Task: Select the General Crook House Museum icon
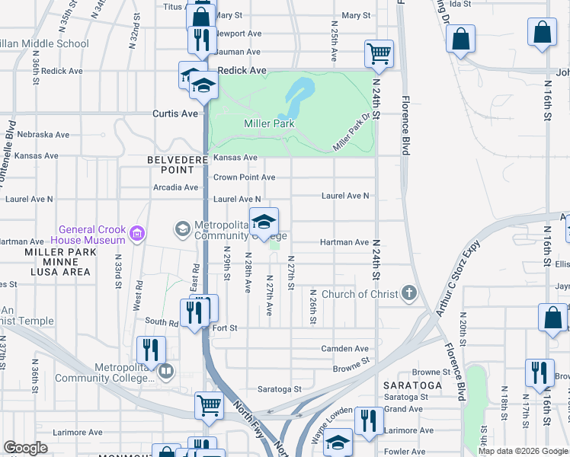(138, 233)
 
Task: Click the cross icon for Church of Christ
(409, 293)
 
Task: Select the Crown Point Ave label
(244, 177)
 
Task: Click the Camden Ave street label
(351, 349)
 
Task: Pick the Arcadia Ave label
(175, 187)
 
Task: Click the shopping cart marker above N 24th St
(379, 53)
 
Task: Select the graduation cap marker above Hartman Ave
(264, 222)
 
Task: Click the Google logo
(25, 448)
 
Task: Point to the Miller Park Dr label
(355, 133)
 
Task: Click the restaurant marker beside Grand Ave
(369, 420)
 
